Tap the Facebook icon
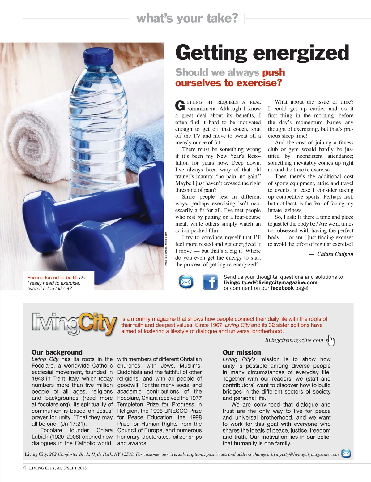[210, 282]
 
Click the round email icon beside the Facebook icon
[186, 282]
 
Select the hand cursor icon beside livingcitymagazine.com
[331, 340]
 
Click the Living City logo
[74, 324]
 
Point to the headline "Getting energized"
[262, 53]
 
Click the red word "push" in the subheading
[273, 72]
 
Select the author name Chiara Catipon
[335, 254]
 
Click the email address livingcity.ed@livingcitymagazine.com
[270, 282]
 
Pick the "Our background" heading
[57, 352]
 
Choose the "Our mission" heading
[241, 352]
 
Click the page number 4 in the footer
[25, 467]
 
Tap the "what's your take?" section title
[187, 18]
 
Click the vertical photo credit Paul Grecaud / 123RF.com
[166, 248]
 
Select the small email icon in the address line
[346, 454]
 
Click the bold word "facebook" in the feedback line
[282, 288]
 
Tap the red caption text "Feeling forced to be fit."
[52, 278]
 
